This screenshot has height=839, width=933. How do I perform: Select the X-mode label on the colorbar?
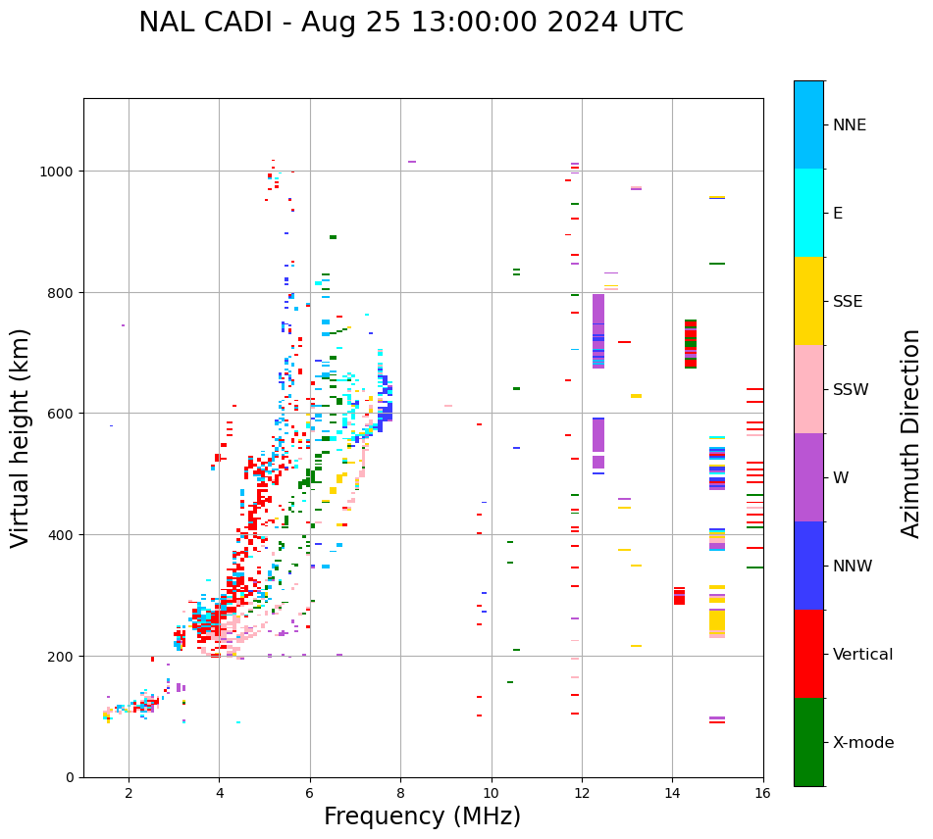click(863, 742)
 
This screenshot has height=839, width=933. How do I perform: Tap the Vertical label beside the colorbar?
click(862, 654)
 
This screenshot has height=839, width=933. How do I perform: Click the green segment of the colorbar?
click(808, 742)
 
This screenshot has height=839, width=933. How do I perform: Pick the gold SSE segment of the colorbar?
click(808, 301)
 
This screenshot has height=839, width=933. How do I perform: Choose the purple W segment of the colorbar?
click(808, 477)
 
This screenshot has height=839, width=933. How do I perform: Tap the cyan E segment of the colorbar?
click(808, 213)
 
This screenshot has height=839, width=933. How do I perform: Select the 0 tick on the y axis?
click(70, 777)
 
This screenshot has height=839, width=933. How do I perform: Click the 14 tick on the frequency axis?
click(672, 793)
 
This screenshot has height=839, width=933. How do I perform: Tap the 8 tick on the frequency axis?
click(400, 793)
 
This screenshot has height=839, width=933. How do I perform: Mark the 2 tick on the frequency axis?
click(129, 793)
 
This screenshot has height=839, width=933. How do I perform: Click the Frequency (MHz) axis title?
click(422, 816)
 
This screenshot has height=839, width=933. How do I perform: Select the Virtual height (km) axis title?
click(21, 437)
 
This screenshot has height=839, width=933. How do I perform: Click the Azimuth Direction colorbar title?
click(911, 433)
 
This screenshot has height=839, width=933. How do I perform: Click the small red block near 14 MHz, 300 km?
click(679, 596)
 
